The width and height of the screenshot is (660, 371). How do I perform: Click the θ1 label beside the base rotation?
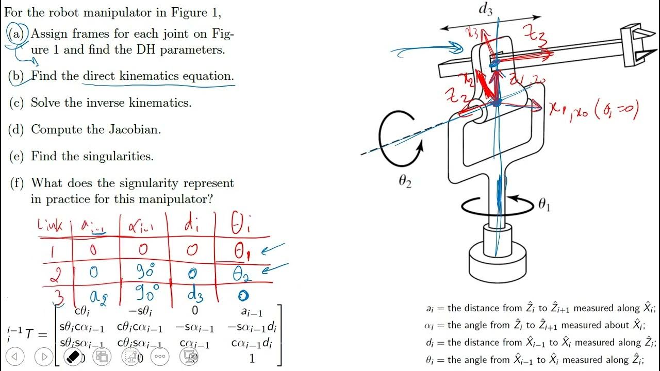[544, 205]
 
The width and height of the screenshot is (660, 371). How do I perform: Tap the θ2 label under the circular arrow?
[405, 182]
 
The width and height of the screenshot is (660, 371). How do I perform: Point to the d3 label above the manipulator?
[485, 10]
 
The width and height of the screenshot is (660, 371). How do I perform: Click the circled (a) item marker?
[18, 33]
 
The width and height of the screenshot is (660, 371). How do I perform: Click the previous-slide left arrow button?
[15, 356]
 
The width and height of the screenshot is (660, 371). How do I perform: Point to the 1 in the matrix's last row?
[252, 358]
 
